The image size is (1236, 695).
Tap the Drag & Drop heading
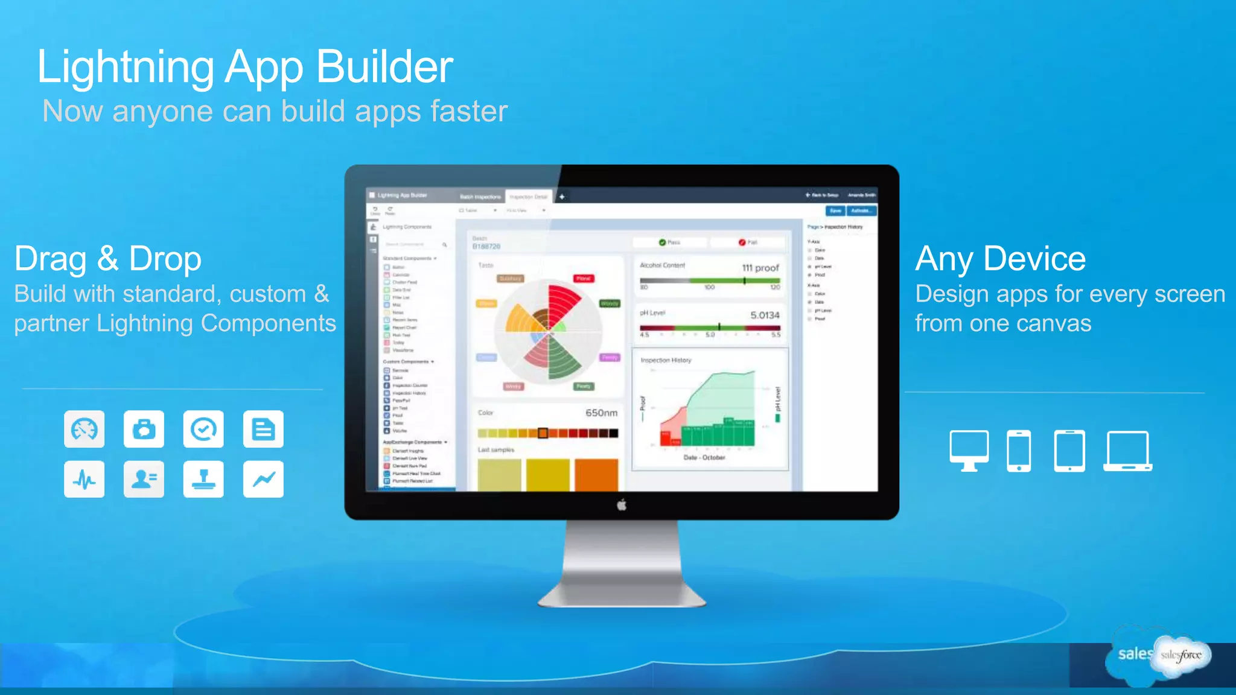tap(107, 259)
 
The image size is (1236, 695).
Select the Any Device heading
tap(1000, 259)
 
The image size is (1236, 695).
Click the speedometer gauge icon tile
tap(84, 430)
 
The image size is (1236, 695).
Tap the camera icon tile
tap(144, 430)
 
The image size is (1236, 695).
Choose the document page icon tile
tap(263, 430)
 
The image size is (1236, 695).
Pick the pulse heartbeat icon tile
tap(84, 480)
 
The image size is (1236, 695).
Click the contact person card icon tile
tap(144, 480)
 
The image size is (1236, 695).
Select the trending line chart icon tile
tap(263, 480)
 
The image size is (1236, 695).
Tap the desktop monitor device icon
tap(969, 450)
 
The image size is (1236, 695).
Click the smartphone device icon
tap(1019, 451)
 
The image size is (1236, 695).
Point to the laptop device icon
tap(1127, 451)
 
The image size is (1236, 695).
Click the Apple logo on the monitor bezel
tap(622, 505)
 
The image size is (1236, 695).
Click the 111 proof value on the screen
tap(760, 268)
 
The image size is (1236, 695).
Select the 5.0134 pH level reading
tap(765, 316)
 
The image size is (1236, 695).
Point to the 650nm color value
tap(601, 413)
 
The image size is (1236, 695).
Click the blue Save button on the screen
tap(835, 211)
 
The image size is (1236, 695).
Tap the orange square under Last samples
tap(596, 475)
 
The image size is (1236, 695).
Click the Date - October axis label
tap(704, 458)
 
